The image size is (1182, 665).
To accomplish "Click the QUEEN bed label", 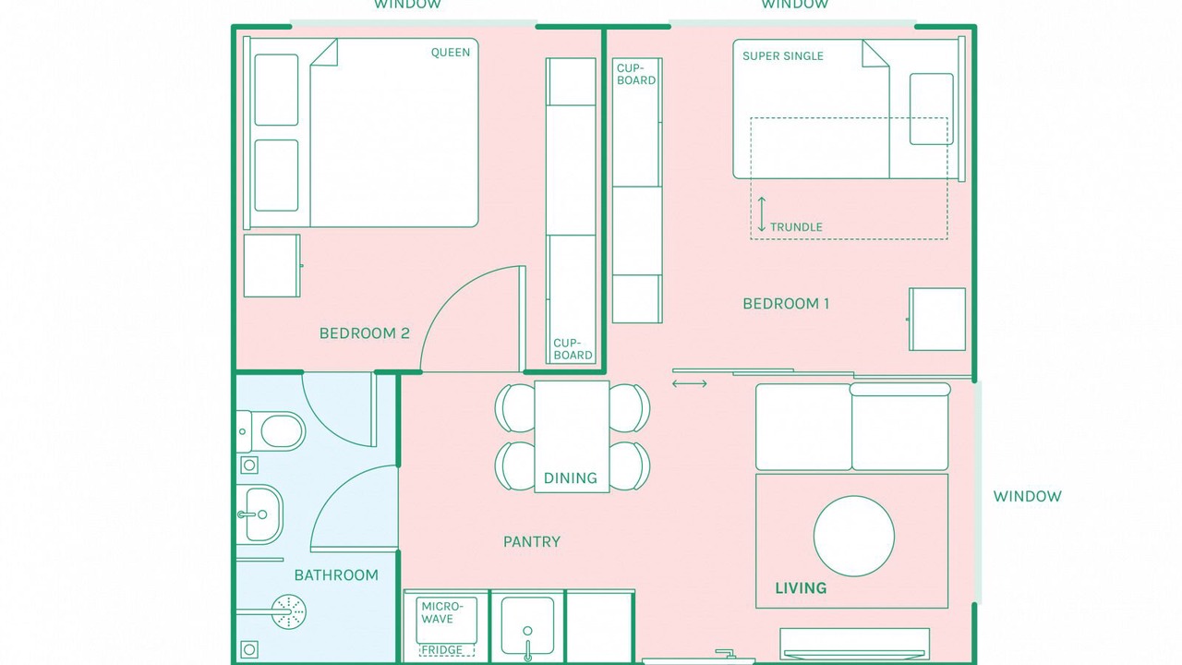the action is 450,53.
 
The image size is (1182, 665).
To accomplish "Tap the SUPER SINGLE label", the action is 782,56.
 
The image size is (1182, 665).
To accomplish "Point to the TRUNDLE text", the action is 796,227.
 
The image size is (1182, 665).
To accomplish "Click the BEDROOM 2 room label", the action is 364,333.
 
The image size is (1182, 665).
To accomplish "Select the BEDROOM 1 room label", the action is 786,304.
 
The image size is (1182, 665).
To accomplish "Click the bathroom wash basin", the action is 259,514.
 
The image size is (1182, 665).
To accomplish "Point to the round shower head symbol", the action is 289,611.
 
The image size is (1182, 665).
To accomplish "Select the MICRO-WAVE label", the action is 442,612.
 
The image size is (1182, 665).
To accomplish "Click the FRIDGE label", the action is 441,649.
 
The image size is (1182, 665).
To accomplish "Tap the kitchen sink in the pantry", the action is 527,626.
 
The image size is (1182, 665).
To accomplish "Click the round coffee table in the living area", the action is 854,537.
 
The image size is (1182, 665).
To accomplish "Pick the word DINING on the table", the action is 571,478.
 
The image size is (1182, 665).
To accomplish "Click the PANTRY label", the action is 531,541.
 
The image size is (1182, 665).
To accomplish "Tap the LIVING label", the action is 801,588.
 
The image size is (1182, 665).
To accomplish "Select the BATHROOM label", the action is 336,574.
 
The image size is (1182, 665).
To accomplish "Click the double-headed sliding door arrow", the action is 690,383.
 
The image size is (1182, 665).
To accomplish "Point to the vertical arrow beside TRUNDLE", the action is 762,214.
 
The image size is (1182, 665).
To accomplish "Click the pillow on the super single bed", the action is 932,109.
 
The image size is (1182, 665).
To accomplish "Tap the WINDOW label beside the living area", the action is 1028,496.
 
